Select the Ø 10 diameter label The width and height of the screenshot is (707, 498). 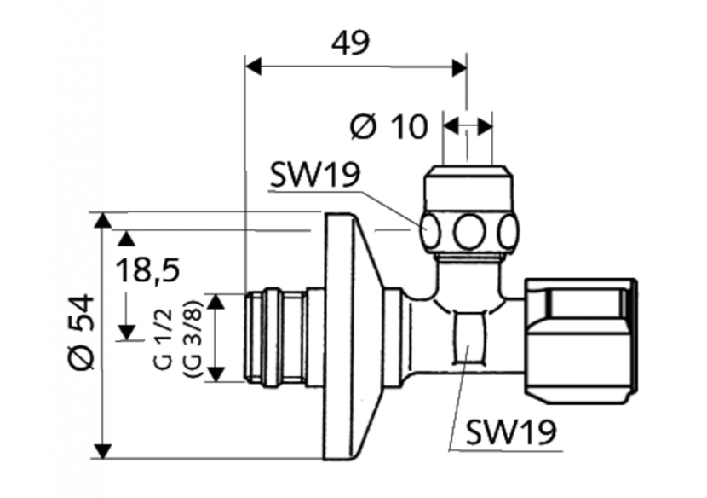pos(388,127)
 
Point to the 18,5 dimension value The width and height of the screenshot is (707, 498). pos(146,271)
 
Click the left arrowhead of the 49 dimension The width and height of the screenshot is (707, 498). pos(252,65)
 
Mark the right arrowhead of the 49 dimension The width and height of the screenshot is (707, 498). pos(459,65)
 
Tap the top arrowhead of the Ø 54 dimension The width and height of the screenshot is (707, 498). pos(103,221)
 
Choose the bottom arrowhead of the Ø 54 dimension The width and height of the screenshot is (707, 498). pos(103,450)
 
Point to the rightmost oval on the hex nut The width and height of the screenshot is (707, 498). pos(509,230)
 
